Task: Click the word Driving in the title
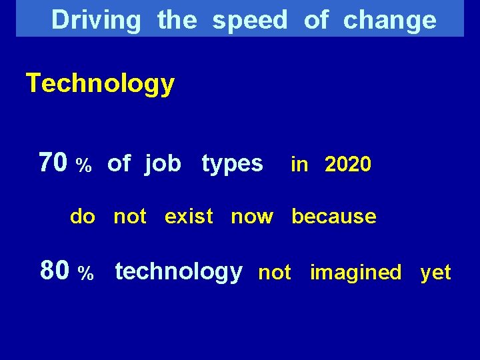pos(96,20)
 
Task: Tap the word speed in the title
pos(249,21)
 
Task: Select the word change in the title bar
pos(389,21)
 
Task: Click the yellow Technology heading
pos(100,84)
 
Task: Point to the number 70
pos(53,162)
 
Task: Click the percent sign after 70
pos(83,165)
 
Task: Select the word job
pos(163,163)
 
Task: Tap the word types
pos(232,163)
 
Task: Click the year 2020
pos(348,165)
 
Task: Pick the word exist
pos(189,217)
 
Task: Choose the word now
pos(252,217)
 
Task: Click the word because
pos(333,217)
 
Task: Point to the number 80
pos(54,271)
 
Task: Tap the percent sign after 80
pos(85,273)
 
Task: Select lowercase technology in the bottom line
pos(179,271)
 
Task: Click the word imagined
pos(355,273)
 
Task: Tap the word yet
pos(435,273)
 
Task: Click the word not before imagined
pos(274,273)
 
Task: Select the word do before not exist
pos(83,217)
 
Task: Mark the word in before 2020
pos(299,165)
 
